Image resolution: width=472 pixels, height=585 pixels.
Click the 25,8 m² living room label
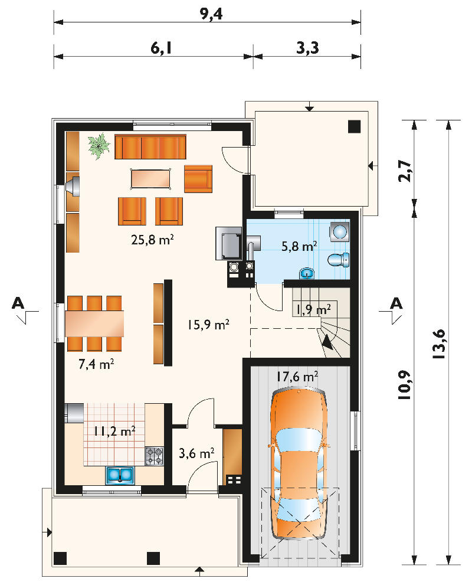pyautogui.click(x=152, y=240)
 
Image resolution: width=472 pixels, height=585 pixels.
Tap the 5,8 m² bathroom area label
pyautogui.click(x=299, y=246)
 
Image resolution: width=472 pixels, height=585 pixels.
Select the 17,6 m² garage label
pyautogui.click(x=297, y=377)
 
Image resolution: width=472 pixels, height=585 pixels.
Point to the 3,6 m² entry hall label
pyautogui.click(x=196, y=453)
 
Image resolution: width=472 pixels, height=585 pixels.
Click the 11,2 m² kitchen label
pyautogui.click(x=114, y=432)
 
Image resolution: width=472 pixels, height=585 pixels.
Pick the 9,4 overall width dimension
pyautogui.click(x=211, y=14)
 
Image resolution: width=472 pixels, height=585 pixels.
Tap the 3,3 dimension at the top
pyautogui.click(x=307, y=48)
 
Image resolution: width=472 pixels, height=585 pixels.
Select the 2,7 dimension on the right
pyautogui.click(x=405, y=171)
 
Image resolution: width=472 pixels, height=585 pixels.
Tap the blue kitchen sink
pyautogui.click(x=120, y=475)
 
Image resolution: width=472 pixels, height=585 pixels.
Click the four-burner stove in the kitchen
pyautogui.click(x=155, y=456)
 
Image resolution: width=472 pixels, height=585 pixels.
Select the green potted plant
pyautogui.click(x=99, y=146)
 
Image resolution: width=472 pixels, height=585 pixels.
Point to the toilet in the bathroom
pyautogui.click(x=339, y=259)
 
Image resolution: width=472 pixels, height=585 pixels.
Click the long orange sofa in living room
pyautogui.click(x=150, y=146)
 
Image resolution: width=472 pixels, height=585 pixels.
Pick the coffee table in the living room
pyautogui.click(x=151, y=178)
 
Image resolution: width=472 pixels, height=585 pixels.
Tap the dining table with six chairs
pyautogui.click(x=95, y=323)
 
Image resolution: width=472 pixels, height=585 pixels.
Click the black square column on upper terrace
pyautogui.click(x=354, y=127)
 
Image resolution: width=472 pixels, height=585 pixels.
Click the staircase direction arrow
pyautogui.click(x=328, y=342)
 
